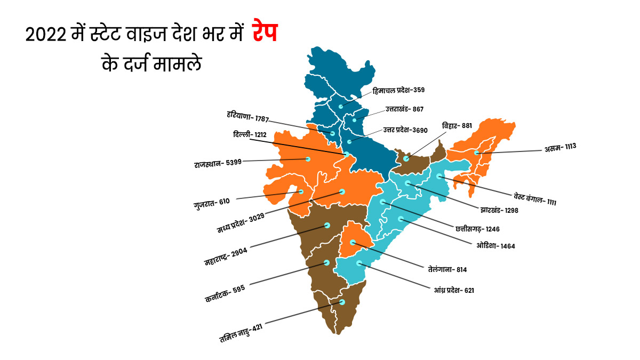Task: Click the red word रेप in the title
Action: (263, 37)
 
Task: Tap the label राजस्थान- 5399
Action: (218, 162)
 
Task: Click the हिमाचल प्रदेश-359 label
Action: (399, 90)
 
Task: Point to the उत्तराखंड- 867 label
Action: (404, 109)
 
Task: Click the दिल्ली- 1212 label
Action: (250, 135)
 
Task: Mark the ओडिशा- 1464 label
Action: (495, 246)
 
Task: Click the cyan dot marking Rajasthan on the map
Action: (308, 159)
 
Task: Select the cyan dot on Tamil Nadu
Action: (342, 302)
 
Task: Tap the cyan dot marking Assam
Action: (476, 153)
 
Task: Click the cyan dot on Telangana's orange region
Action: (353, 243)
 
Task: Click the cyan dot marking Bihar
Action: (406, 158)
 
